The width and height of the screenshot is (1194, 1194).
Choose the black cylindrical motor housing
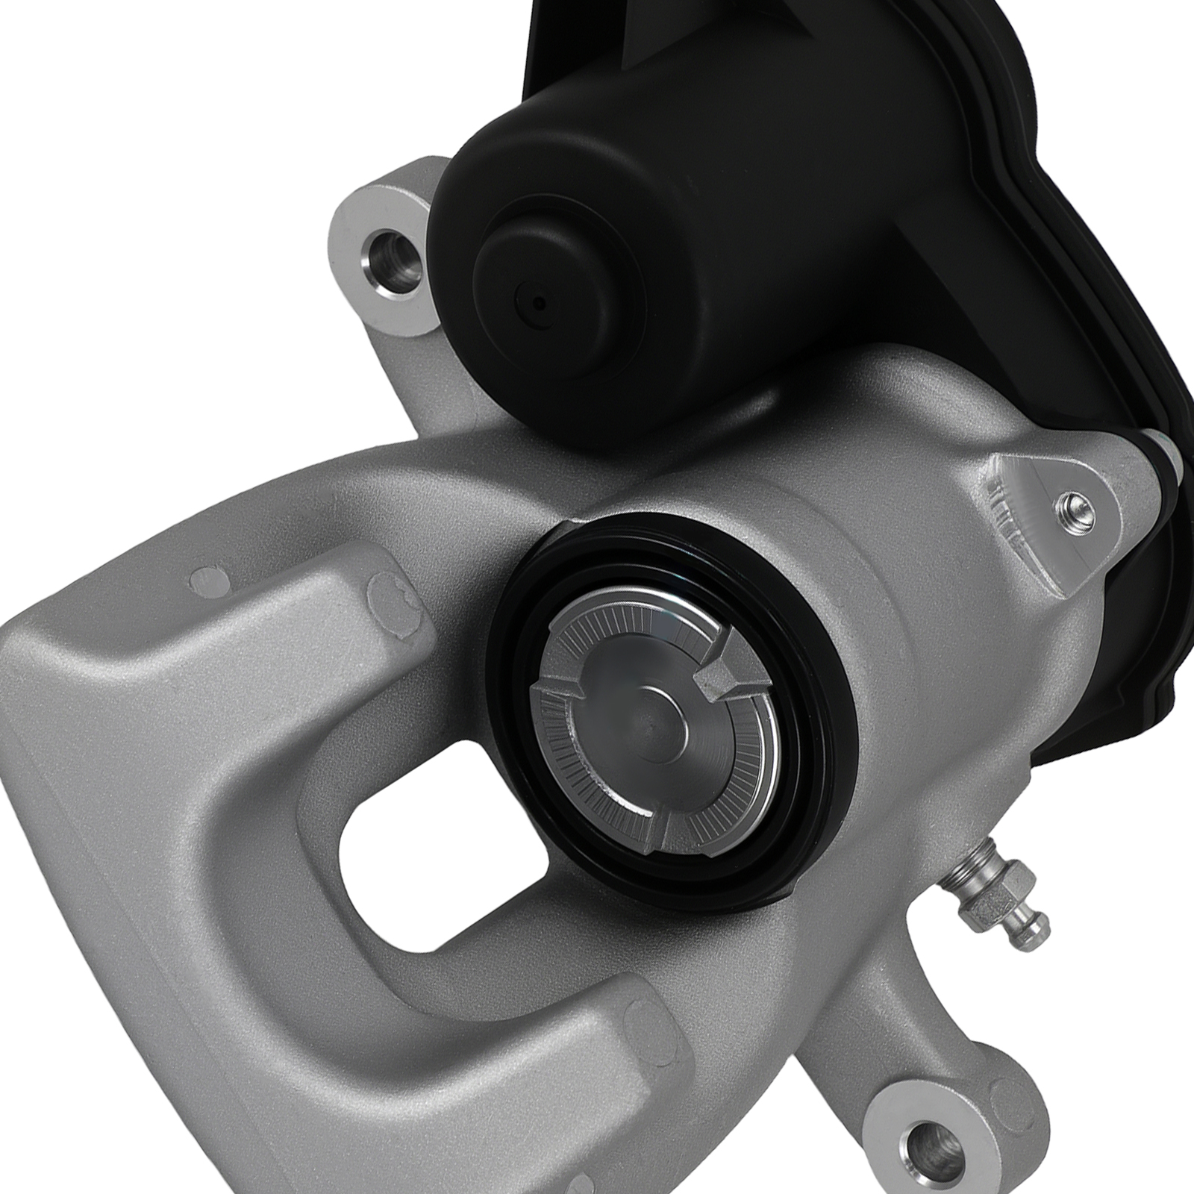point(597,224)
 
